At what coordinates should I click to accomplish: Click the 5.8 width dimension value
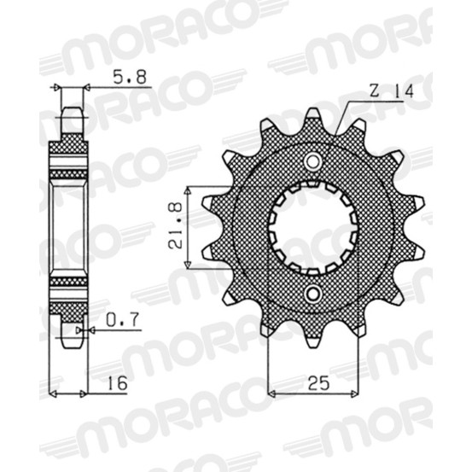[x=130, y=77]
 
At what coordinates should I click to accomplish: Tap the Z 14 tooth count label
[x=391, y=91]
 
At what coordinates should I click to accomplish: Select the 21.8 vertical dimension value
[x=176, y=226]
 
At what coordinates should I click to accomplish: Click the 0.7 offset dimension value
[x=122, y=320]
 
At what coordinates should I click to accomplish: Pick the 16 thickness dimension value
[x=118, y=383]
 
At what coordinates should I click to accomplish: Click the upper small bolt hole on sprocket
[x=312, y=162]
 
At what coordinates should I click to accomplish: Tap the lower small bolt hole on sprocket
[x=312, y=293]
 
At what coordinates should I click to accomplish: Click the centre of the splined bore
[x=313, y=227]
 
